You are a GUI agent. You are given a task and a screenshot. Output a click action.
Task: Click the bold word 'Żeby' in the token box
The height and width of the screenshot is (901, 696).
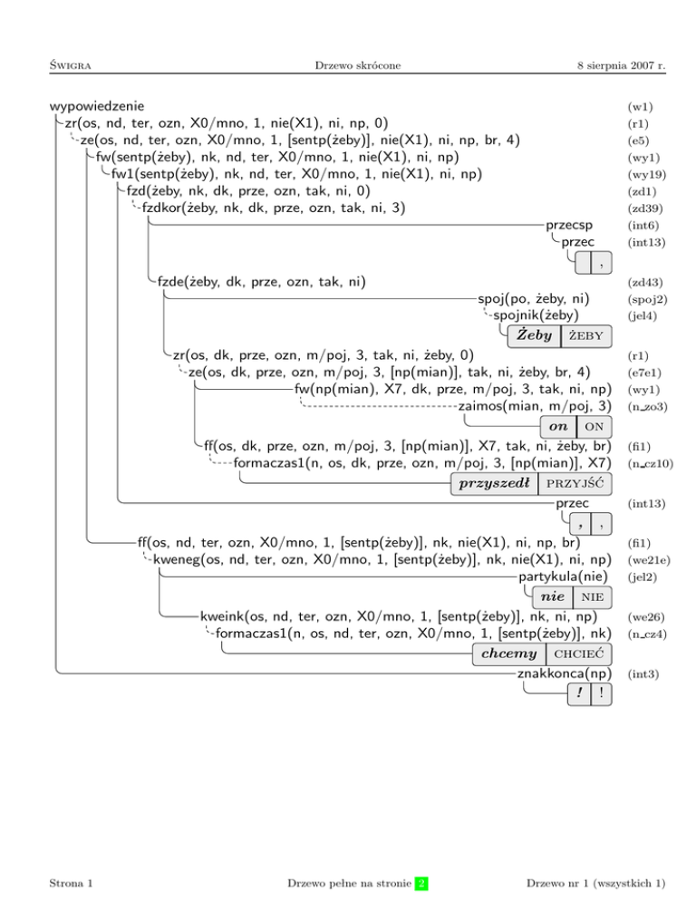[x=534, y=336]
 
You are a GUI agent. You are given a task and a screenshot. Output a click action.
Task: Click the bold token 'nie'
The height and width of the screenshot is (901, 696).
[x=552, y=596]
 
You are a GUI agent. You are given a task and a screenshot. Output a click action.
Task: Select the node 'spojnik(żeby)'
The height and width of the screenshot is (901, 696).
[x=536, y=315]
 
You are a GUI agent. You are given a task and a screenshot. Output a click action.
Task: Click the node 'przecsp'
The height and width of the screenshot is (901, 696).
[x=569, y=225]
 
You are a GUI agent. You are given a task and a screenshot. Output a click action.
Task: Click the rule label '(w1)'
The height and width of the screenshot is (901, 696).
[x=639, y=107]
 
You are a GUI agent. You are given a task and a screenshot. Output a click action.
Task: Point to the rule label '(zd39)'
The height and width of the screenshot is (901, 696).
[x=643, y=208]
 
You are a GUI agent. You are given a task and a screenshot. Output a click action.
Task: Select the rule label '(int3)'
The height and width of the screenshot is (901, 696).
[x=642, y=674]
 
